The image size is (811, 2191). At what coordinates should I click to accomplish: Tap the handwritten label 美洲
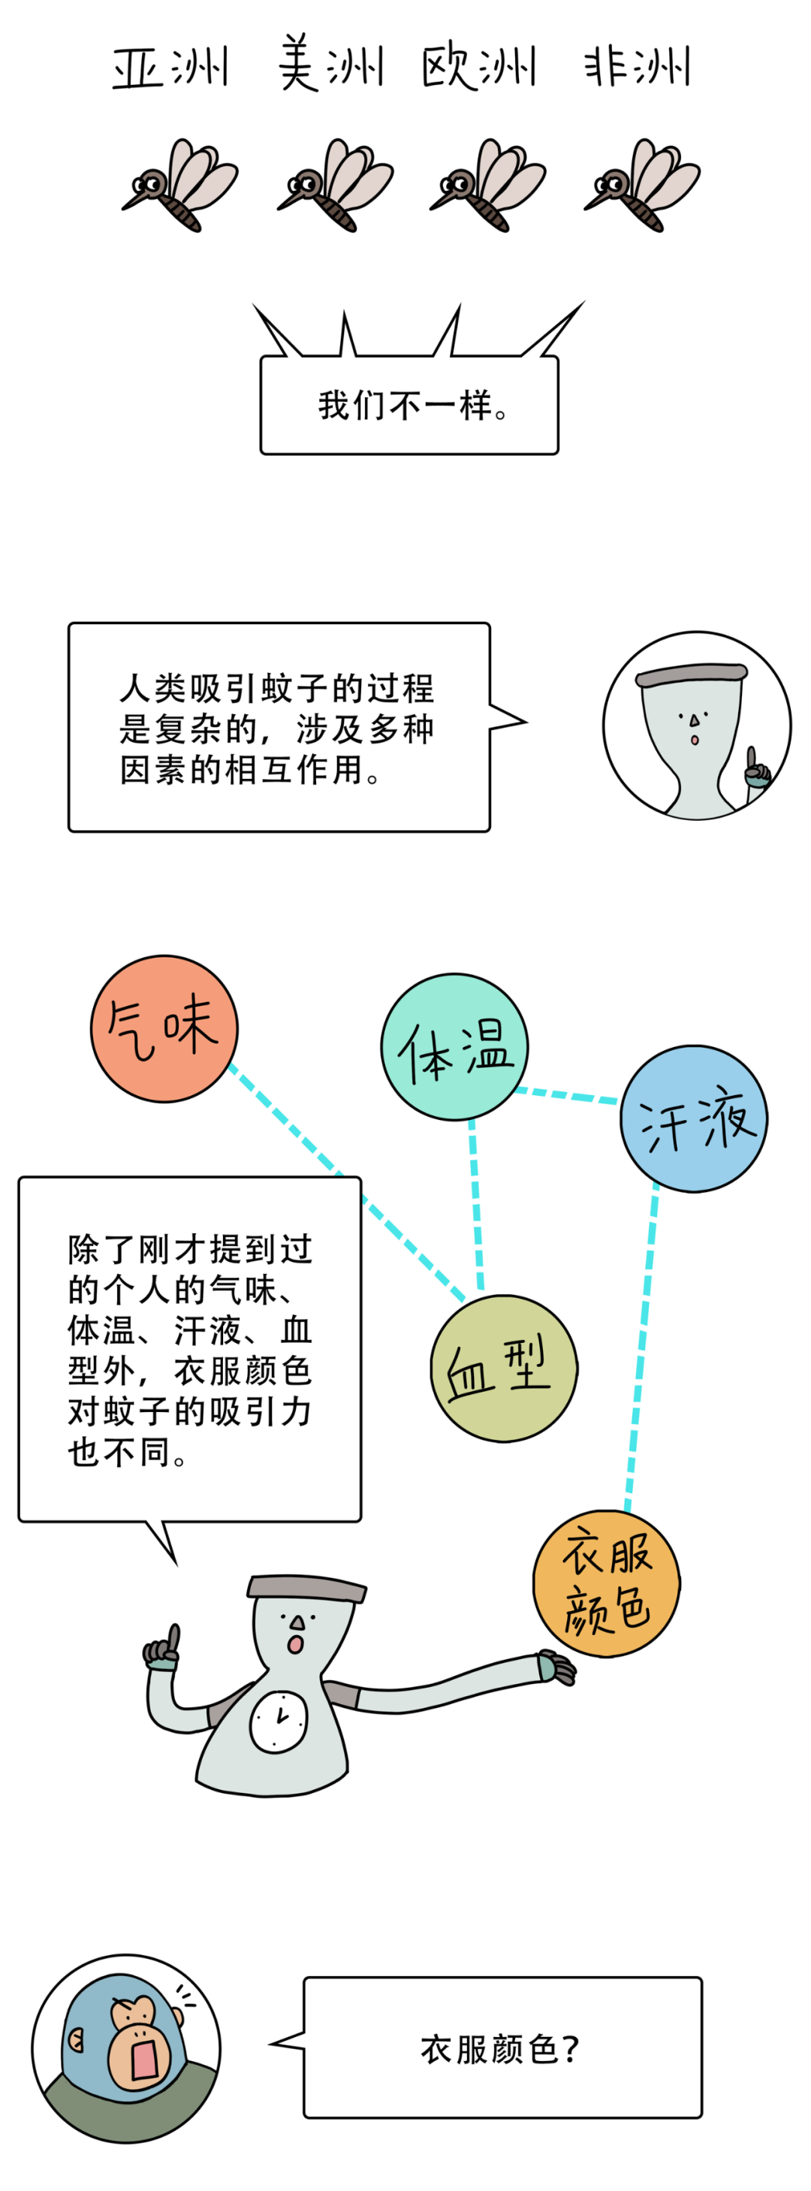(x=330, y=64)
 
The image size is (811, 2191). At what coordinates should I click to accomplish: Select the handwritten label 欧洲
(x=478, y=66)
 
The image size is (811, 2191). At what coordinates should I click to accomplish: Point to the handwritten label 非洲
(x=636, y=66)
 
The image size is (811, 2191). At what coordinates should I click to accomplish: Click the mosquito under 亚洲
(x=180, y=185)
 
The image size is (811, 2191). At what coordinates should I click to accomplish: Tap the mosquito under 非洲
(x=642, y=185)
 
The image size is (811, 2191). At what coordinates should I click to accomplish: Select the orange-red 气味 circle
(x=164, y=1028)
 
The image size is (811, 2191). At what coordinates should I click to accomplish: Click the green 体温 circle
(x=454, y=1047)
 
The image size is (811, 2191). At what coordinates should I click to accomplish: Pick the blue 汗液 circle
(x=694, y=1118)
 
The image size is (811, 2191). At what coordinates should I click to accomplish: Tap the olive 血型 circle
(x=503, y=1368)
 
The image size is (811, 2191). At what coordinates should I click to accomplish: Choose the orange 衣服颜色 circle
(x=606, y=1583)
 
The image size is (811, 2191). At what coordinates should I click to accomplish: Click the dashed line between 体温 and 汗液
(x=566, y=1094)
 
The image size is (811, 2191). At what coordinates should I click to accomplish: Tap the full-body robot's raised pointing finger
(x=173, y=1637)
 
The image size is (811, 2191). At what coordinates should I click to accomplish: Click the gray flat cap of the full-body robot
(x=306, y=1586)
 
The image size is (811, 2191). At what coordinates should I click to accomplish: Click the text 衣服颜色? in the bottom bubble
(x=501, y=2049)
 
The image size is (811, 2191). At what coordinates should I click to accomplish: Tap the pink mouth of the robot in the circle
(x=695, y=739)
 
